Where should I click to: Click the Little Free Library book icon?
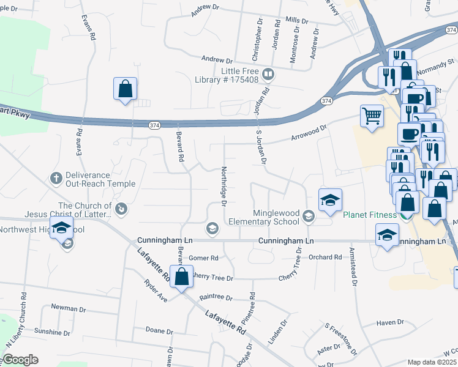pyautogui.click(x=268, y=75)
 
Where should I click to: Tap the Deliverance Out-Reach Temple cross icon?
pyautogui.click(x=55, y=178)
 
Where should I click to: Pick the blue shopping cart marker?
pyautogui.click(x=372, y=116)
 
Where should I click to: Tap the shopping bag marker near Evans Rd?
pyautogui.click(x=125, y=89)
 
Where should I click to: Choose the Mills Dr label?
pyautogui.click(x=296, y=20)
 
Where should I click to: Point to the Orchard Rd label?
pyautogui.click(x=325, y=258)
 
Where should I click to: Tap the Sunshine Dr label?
pyautogui.click(x=52, y=332)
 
